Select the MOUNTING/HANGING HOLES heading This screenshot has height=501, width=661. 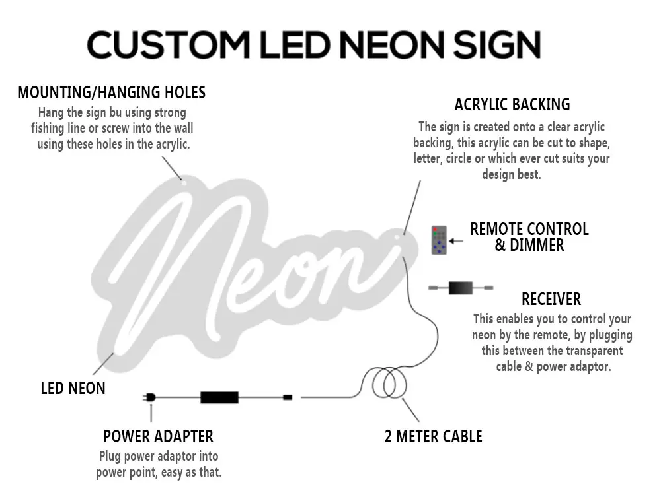pos(111,92)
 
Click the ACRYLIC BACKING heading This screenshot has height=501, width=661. pos(512,104)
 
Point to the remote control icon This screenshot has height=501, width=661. pos(439,241)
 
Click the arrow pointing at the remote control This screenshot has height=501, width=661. pos(457,241)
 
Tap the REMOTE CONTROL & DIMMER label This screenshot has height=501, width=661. pos(529,237)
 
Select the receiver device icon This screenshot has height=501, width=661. pos(461,288)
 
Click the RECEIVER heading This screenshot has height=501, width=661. pos(551,299)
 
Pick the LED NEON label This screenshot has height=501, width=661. pos(73,388)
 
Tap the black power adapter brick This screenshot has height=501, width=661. pos(219,397)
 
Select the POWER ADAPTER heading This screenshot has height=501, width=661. pos(158,436)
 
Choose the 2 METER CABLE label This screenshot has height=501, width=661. pos(433,436)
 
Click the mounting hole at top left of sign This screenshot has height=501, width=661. pos(184,183)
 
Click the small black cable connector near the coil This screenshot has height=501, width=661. pos(288,397)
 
